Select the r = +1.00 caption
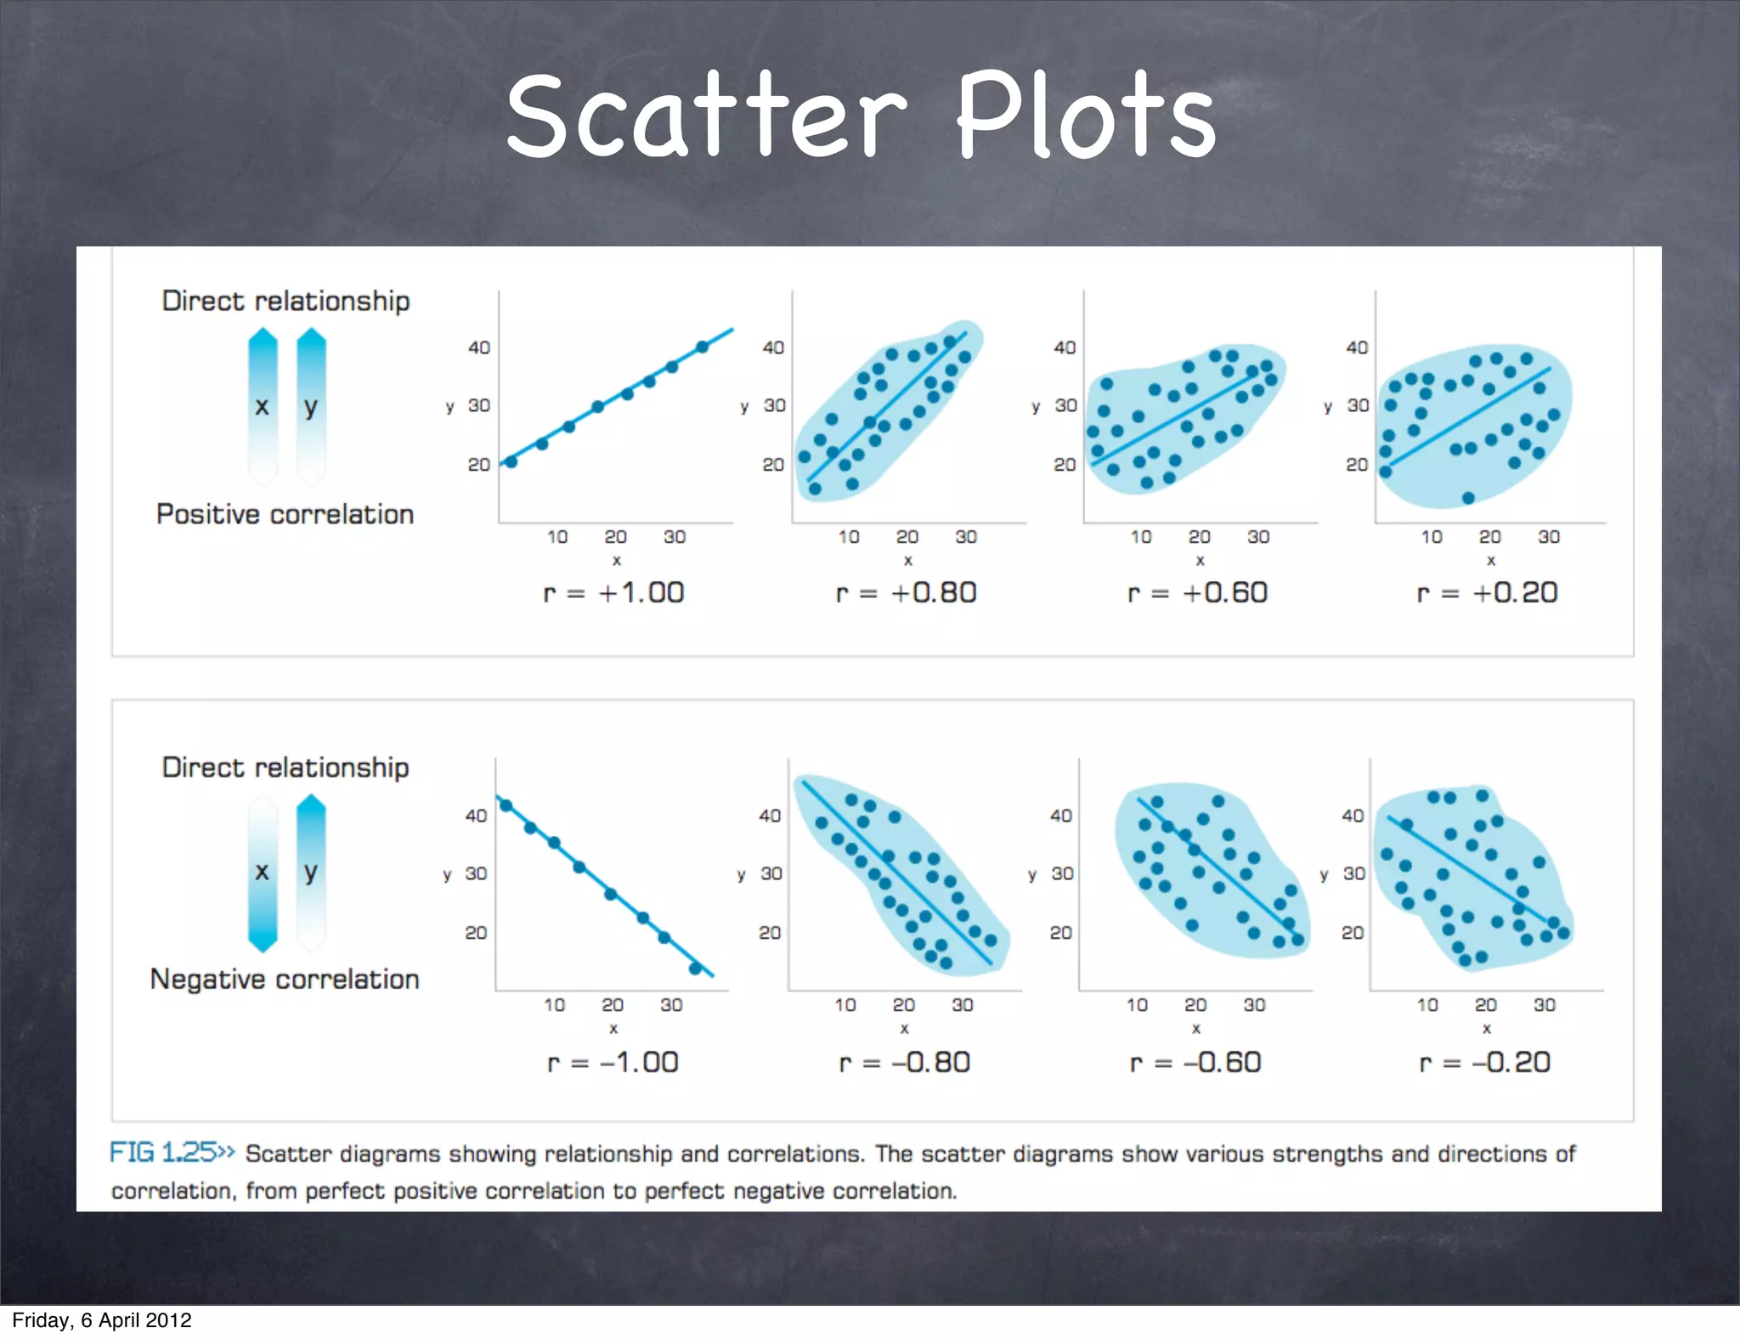613,592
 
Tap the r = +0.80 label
906,592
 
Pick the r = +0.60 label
1197,592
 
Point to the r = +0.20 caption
1487,592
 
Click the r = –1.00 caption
613,1062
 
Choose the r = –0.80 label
904,1062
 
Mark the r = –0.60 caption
1195,1062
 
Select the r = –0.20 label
1485,1062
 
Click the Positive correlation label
285,514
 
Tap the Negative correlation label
285,979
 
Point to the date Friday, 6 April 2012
102,1320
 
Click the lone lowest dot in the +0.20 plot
1468,498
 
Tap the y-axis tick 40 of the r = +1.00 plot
479,347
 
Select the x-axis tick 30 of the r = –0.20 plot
1545,1005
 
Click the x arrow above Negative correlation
263,873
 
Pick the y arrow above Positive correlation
311,407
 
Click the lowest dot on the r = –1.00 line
695,969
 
